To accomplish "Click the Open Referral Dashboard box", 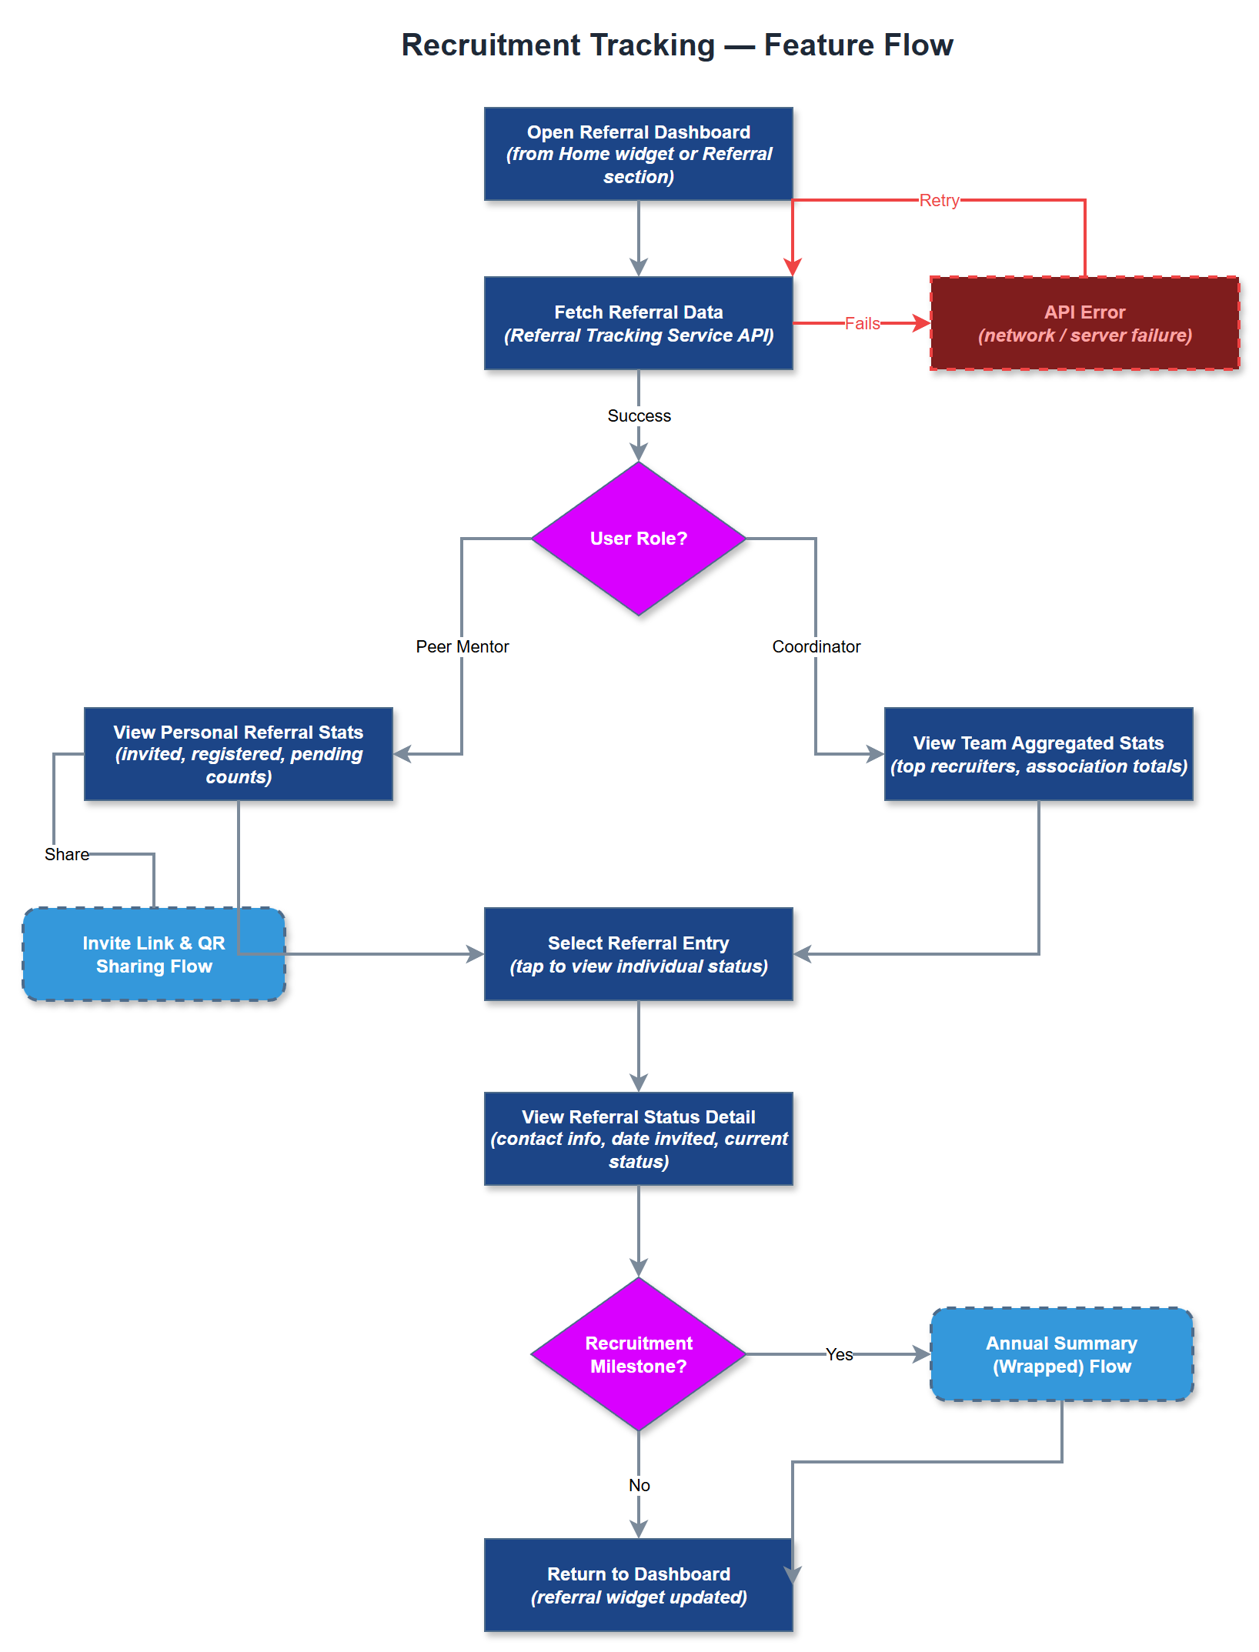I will [638, 154].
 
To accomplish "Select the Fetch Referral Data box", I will [638, 323].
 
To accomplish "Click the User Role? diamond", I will [638, 539].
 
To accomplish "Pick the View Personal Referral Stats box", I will [238, 754].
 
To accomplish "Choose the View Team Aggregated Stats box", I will [1038, 754].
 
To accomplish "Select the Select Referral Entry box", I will [638, 954].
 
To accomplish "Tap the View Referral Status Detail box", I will [638, 1139].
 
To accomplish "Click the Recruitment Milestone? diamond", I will [638, 1354].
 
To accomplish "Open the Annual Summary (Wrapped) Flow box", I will [1061, 1354].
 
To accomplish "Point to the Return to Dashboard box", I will [638, 1585].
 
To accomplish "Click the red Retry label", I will [939, 201].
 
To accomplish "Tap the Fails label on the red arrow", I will [862, 324].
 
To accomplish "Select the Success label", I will [639, 416].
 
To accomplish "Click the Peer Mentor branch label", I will [462, 647].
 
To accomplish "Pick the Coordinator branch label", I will [816, 647].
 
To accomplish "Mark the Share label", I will [66, 855].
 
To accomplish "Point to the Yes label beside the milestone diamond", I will [839, 1355].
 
